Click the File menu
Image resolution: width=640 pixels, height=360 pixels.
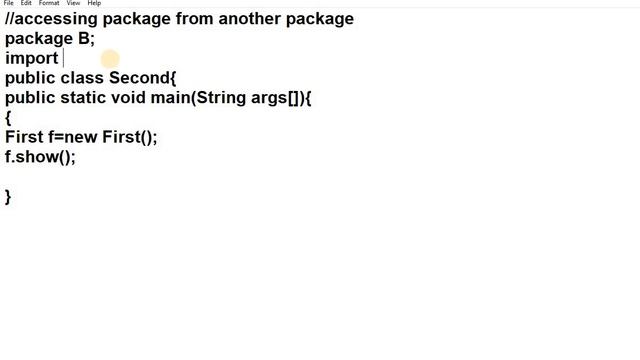[x=8, y=3]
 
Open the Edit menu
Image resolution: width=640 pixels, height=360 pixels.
[x=26, y=3]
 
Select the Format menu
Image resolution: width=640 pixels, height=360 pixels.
[x=49, y=3]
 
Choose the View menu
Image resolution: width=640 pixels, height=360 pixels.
[x=73, y=3]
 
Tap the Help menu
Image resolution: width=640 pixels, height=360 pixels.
[x=94, y=3]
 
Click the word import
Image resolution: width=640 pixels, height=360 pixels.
[x=32, y=58]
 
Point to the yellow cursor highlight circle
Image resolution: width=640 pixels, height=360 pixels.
[x=109, y=59]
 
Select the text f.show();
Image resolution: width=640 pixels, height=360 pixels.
[x=40, y=157]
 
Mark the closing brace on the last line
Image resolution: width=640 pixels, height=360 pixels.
[x=8, y=197]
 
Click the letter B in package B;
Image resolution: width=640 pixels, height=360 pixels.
[x=84, y=38]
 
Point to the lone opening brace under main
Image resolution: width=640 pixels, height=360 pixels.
[x=8, y=118]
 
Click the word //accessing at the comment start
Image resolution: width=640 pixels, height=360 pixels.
[x=51, y=18]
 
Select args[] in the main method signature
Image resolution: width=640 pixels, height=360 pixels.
[x=272, y=98]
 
